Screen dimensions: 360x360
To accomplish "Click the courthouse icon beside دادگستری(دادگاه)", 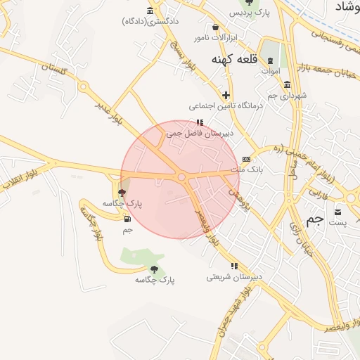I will coord(150,10).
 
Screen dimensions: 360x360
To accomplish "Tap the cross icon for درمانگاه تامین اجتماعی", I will coord(225,95).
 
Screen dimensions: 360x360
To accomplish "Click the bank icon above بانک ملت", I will coord(245,159).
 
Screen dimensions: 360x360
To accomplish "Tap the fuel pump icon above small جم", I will coord(127,219).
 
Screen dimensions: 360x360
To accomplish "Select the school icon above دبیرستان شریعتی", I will coord(234,266).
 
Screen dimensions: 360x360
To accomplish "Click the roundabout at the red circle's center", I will coord(181,177).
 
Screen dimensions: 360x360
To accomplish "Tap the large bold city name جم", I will coord(315,219).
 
